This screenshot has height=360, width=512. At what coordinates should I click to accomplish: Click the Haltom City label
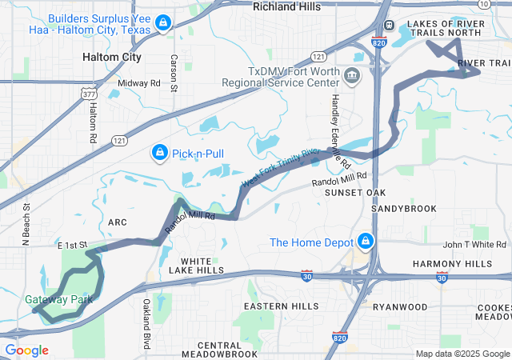[112, 58]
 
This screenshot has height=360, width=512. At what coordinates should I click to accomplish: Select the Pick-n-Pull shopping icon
[159, 152]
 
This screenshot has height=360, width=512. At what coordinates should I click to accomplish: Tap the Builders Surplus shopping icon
[163, 23]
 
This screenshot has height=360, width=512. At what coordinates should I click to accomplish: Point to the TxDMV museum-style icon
[351, 77]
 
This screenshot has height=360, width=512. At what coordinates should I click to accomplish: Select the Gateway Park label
[58, 300]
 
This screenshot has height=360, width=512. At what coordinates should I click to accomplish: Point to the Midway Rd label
[139, 83]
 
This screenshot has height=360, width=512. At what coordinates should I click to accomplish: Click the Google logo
[26, 350]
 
